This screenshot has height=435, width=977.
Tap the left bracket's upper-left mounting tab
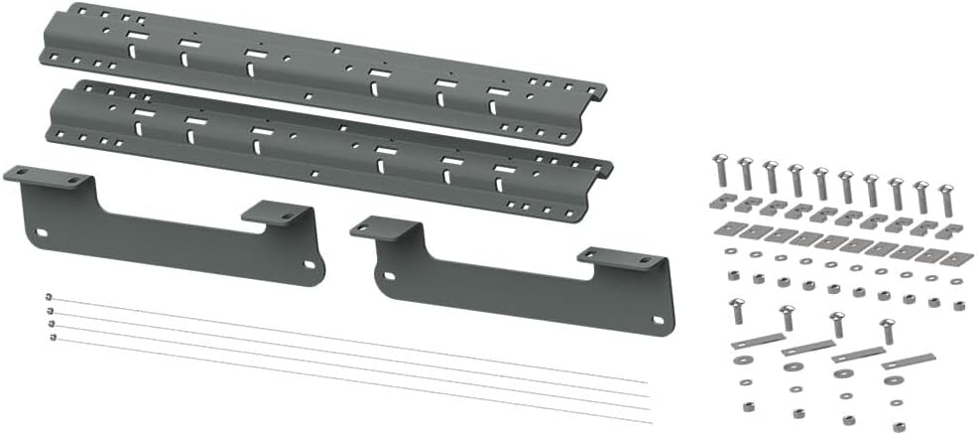pos(50,179)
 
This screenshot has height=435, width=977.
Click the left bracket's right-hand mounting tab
pos(277,213)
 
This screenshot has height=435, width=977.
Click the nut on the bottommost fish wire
pos(52,339)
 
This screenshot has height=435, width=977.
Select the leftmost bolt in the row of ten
pos(722,171)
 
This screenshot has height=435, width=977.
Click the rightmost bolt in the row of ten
pos(945,199)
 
